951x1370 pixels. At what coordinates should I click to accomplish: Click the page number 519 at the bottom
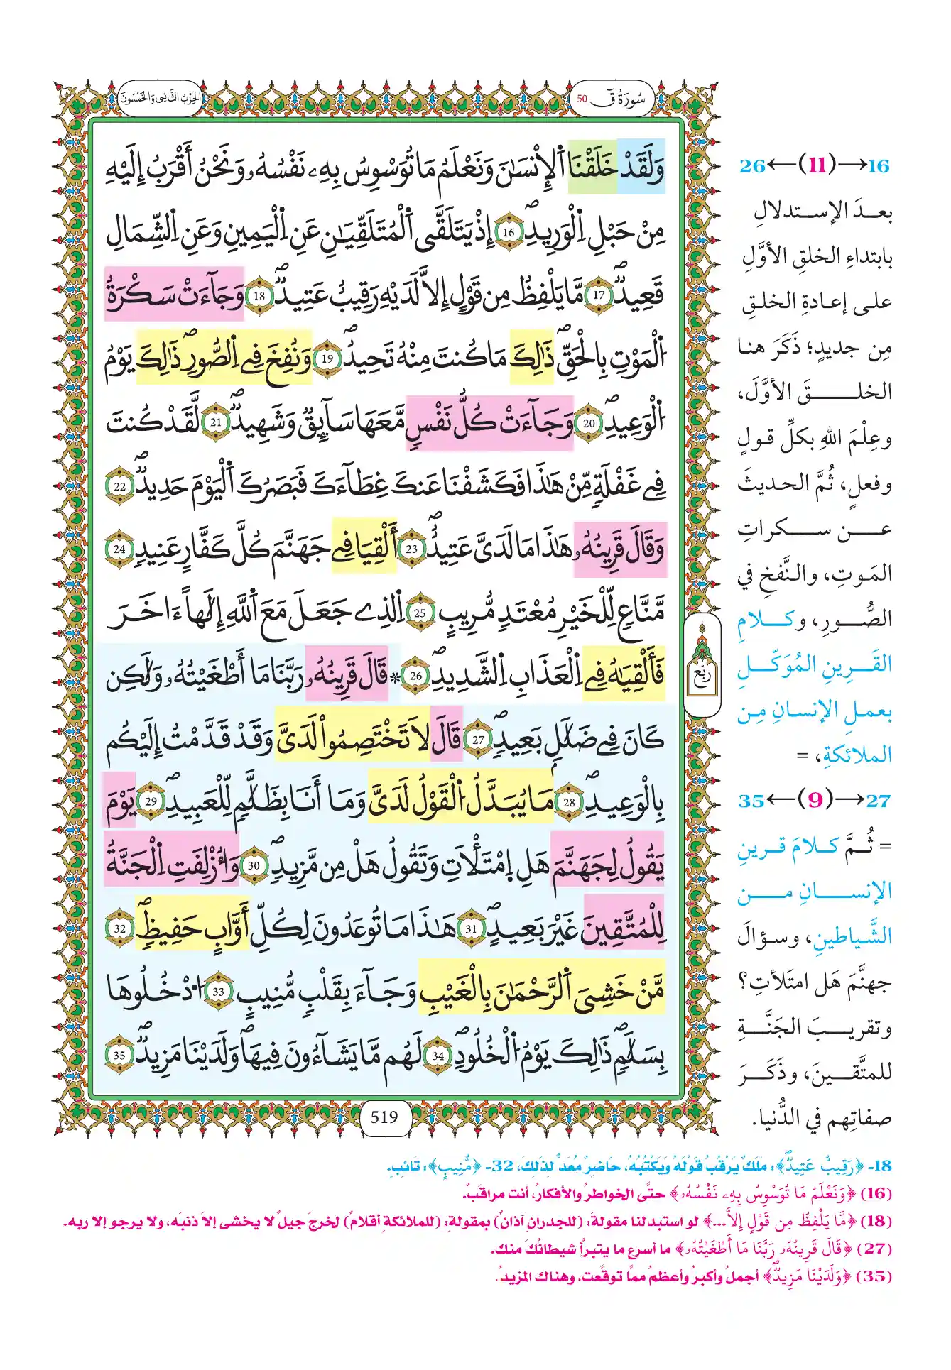384,1117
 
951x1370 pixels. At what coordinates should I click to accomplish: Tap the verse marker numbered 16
509,232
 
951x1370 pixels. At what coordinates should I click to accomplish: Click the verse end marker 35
119,1055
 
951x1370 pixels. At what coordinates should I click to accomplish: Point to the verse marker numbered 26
416,675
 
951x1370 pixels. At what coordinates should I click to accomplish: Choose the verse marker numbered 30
254,865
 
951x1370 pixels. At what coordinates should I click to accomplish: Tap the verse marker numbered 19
327,358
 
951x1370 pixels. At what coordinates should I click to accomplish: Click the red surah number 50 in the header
582,99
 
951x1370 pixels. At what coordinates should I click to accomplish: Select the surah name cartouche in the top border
612,99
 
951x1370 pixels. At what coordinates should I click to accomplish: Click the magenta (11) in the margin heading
817,165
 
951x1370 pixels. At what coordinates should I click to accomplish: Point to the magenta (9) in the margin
815,800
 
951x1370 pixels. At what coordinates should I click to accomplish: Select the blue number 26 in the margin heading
752,166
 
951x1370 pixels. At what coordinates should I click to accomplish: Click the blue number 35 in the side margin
751,801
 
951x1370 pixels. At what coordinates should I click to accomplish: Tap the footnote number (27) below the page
876,1248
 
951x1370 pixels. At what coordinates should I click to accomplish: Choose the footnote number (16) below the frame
876,1193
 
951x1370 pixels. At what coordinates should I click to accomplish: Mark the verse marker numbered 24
119,549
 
